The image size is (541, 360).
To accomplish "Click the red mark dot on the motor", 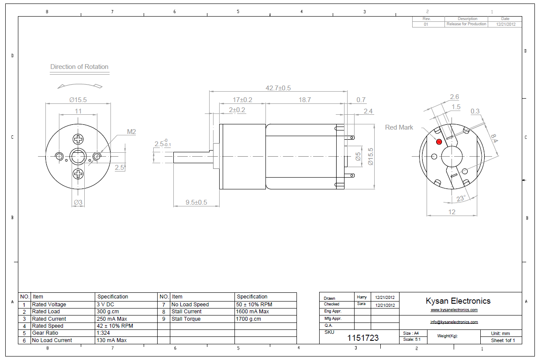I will [439, 142].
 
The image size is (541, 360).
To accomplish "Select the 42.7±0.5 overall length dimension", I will [278, 88].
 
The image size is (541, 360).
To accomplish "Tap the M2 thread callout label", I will [131, 131].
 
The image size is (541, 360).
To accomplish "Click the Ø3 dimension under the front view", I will [78, 202].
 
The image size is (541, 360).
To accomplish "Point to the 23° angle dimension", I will [461, 199].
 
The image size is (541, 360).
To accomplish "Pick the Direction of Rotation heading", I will [79, 67].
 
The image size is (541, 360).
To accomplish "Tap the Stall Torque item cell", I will [186, 319].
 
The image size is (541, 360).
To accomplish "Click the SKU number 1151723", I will [363, 338].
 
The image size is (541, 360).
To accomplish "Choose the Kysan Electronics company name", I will [458, 301].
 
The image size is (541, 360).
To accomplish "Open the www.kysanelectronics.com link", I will [454, 310].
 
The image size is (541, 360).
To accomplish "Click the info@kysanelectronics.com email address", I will [454, 322].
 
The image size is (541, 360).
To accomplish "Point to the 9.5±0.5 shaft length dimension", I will [196, 202].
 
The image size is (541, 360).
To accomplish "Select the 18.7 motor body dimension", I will [304, 100].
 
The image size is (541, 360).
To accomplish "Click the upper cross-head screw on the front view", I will [78, 140].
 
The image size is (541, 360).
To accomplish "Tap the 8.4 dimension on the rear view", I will [494, 138].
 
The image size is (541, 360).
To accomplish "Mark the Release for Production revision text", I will [466, 24].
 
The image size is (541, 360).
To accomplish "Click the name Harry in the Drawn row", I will [362, 297].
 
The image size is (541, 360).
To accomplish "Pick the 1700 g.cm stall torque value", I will [249, 319].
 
